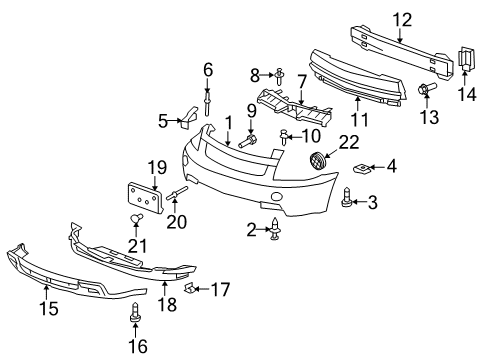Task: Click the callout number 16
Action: (136, 346)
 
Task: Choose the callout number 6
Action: (208, 69)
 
